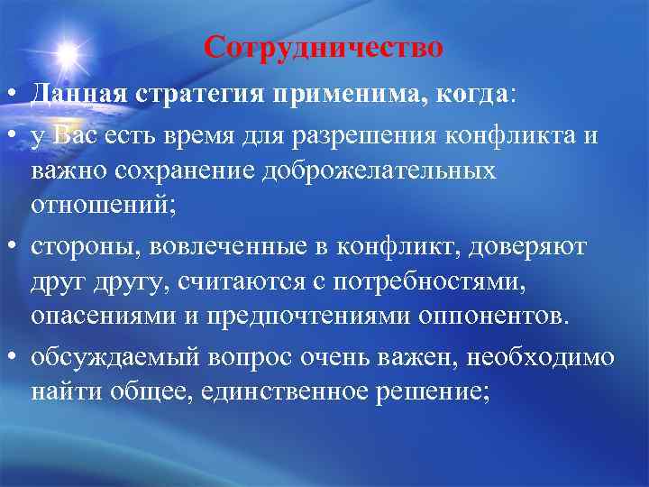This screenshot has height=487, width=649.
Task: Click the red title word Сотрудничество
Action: point(324,46)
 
